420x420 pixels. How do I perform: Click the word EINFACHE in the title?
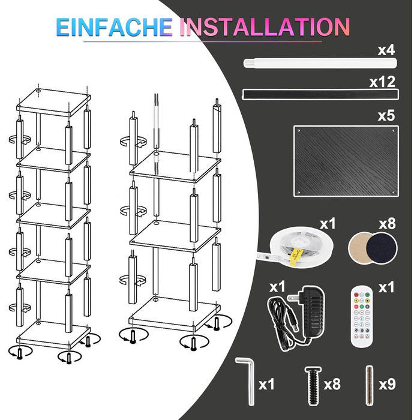point(115,27)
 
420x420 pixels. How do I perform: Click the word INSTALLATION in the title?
point(265,27)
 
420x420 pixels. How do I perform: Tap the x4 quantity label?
point(386,50)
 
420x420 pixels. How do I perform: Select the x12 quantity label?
point(383,82)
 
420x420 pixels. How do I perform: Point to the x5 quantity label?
point(386,116)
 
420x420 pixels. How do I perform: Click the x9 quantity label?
point(388,385)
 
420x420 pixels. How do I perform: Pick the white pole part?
point(320,63)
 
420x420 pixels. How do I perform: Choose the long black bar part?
point(320,94)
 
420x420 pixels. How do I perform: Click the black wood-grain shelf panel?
point(346,161)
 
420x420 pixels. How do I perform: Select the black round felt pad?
point(382,248)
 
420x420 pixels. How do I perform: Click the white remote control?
point(362,317)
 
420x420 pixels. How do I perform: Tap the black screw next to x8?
point(313,386)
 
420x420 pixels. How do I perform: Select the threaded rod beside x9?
point(370,386)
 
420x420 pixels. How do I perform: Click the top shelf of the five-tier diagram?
point(53,103)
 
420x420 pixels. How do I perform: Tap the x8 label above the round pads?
point(388,224)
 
